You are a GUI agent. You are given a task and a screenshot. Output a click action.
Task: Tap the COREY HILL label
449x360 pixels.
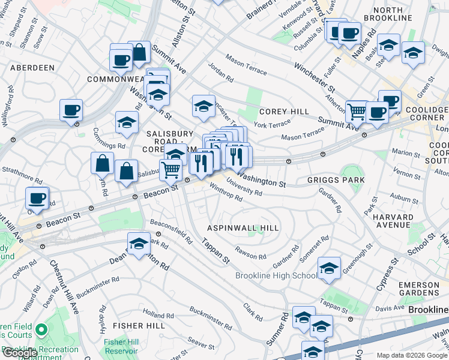[x=284, y=112]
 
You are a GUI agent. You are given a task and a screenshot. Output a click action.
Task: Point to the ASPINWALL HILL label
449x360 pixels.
[x=243, y=228]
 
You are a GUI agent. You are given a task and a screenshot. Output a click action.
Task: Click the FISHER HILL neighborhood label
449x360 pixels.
[x=138, y=326]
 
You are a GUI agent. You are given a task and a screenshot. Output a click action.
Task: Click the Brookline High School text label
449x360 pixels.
[x=276, y=275]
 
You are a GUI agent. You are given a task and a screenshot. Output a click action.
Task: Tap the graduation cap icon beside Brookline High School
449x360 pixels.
[x=329, y=269]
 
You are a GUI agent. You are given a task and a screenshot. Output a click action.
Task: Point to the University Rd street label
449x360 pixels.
[x=244, y=188]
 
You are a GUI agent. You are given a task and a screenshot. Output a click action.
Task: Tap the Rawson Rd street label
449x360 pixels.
[x=251, y=253]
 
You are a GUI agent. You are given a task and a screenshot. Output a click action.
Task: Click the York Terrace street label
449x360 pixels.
[x=268, y=124]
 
